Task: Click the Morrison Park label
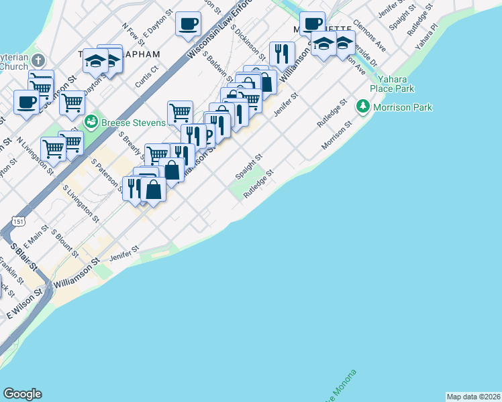point(403,107)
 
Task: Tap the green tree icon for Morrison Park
point(363,107)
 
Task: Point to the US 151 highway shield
point(18,221)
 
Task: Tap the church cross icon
point(38,60)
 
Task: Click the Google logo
point(22,394)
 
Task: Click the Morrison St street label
point(336,137)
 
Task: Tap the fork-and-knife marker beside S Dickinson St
point(282,53)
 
